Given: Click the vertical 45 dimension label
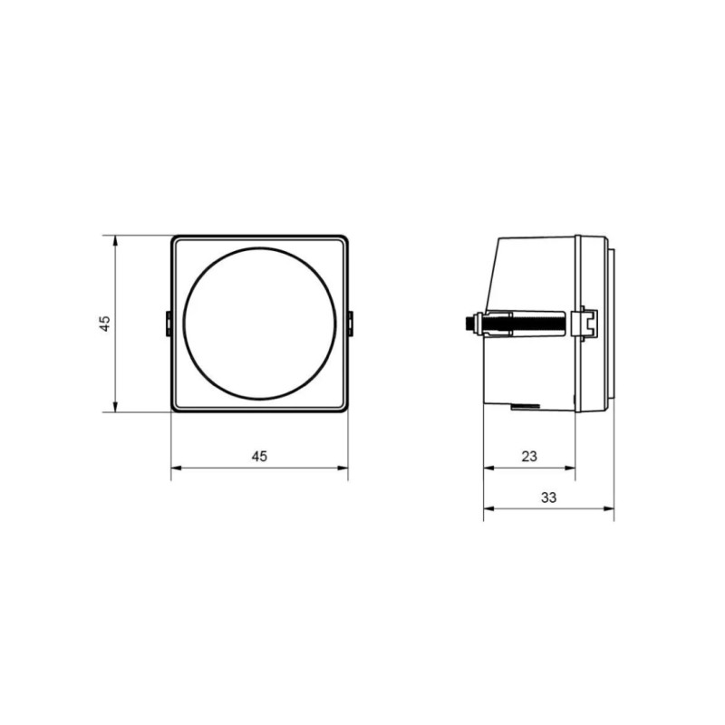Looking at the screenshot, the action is (x=105, y=324).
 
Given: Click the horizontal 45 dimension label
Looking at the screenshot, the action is (x=259, y=457).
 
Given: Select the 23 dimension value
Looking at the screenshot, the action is (x=529, y=457).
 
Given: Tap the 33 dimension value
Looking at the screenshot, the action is (x=549, y=498).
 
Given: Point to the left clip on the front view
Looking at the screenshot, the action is (x=169, y=324).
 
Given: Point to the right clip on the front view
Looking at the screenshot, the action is (x=350, y=324).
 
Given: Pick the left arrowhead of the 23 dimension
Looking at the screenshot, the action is (x=489, y=468).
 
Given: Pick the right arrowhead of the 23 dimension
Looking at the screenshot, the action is (x=570, y=468).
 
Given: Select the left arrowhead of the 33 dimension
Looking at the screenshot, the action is (x=489, y=508).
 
